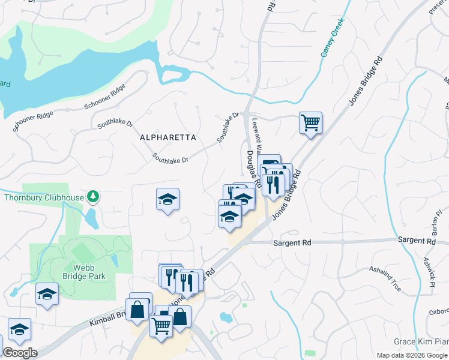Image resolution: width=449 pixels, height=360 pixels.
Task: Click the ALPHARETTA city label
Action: click(x=168, y=137)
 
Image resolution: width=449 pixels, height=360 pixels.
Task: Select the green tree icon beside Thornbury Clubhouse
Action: click(x=92, y=196)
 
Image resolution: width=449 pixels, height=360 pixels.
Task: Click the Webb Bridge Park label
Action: click(x=84, y=272)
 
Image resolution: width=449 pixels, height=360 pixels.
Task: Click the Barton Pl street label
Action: click(x=438, y=222)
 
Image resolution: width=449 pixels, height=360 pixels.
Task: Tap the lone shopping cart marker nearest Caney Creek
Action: click(x=310, y=123)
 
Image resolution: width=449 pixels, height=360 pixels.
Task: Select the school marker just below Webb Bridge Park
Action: click(x=47, y=294)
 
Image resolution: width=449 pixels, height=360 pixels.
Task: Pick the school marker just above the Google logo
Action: click(x=19, y=329)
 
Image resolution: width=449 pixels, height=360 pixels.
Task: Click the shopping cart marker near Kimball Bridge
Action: click(x=161, y=327)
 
